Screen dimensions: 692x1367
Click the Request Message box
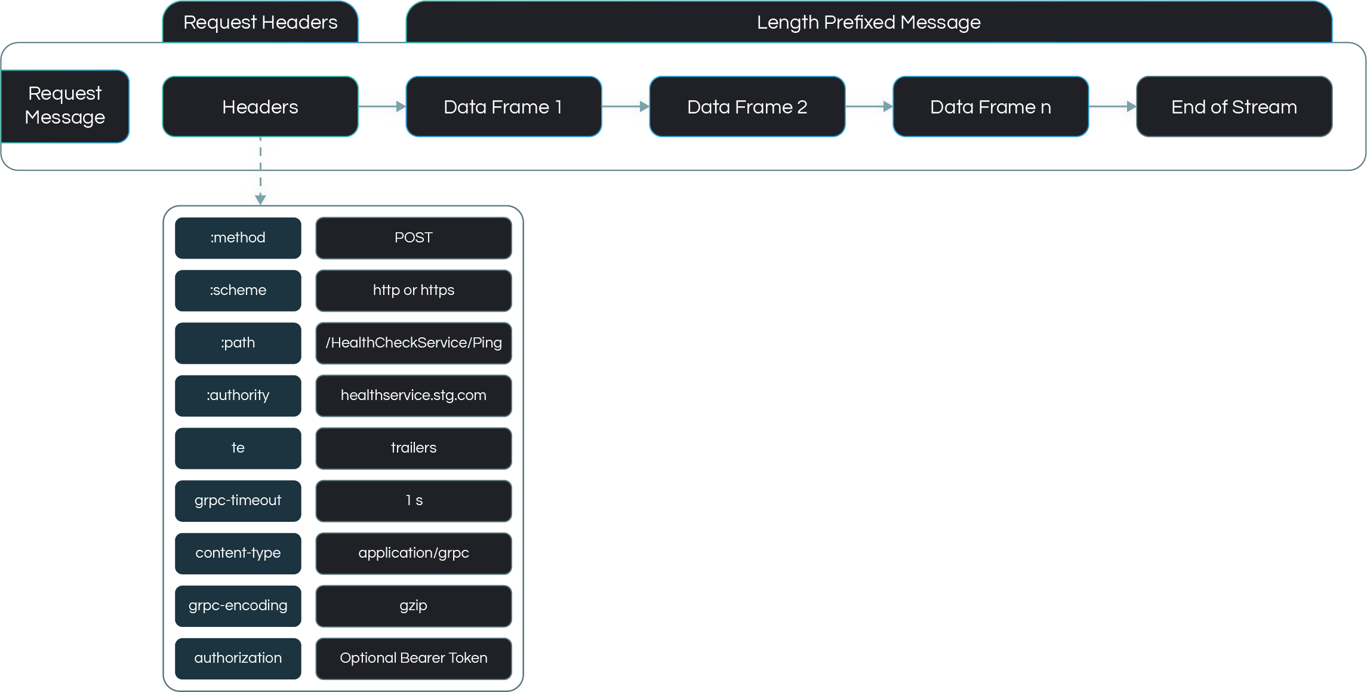[64, 106]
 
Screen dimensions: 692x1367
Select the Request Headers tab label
[260, 23]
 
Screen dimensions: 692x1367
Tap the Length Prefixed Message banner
[869, 23]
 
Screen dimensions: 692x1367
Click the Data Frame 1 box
[503, 107]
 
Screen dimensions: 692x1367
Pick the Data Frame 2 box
[747, 107]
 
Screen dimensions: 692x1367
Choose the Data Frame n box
[990, 107]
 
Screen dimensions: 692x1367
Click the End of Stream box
[1234, 107]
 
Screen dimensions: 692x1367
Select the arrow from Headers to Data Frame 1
[382, 106]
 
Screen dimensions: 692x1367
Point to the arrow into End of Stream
[1113, 106]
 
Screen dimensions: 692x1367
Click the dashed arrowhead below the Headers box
[260, 198]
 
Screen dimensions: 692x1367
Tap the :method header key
[238, 238]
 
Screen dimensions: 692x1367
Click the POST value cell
[413, 238]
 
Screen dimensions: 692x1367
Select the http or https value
[413, 290]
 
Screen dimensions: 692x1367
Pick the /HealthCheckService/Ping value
[413, 343]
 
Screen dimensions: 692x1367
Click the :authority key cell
[238, 395]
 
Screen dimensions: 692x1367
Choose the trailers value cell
[413, 448]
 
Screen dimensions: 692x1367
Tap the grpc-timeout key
[238, 500]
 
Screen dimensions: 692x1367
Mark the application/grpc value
[413, 553]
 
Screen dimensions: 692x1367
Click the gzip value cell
[413, 605]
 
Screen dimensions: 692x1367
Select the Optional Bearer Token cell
[413, 658]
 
